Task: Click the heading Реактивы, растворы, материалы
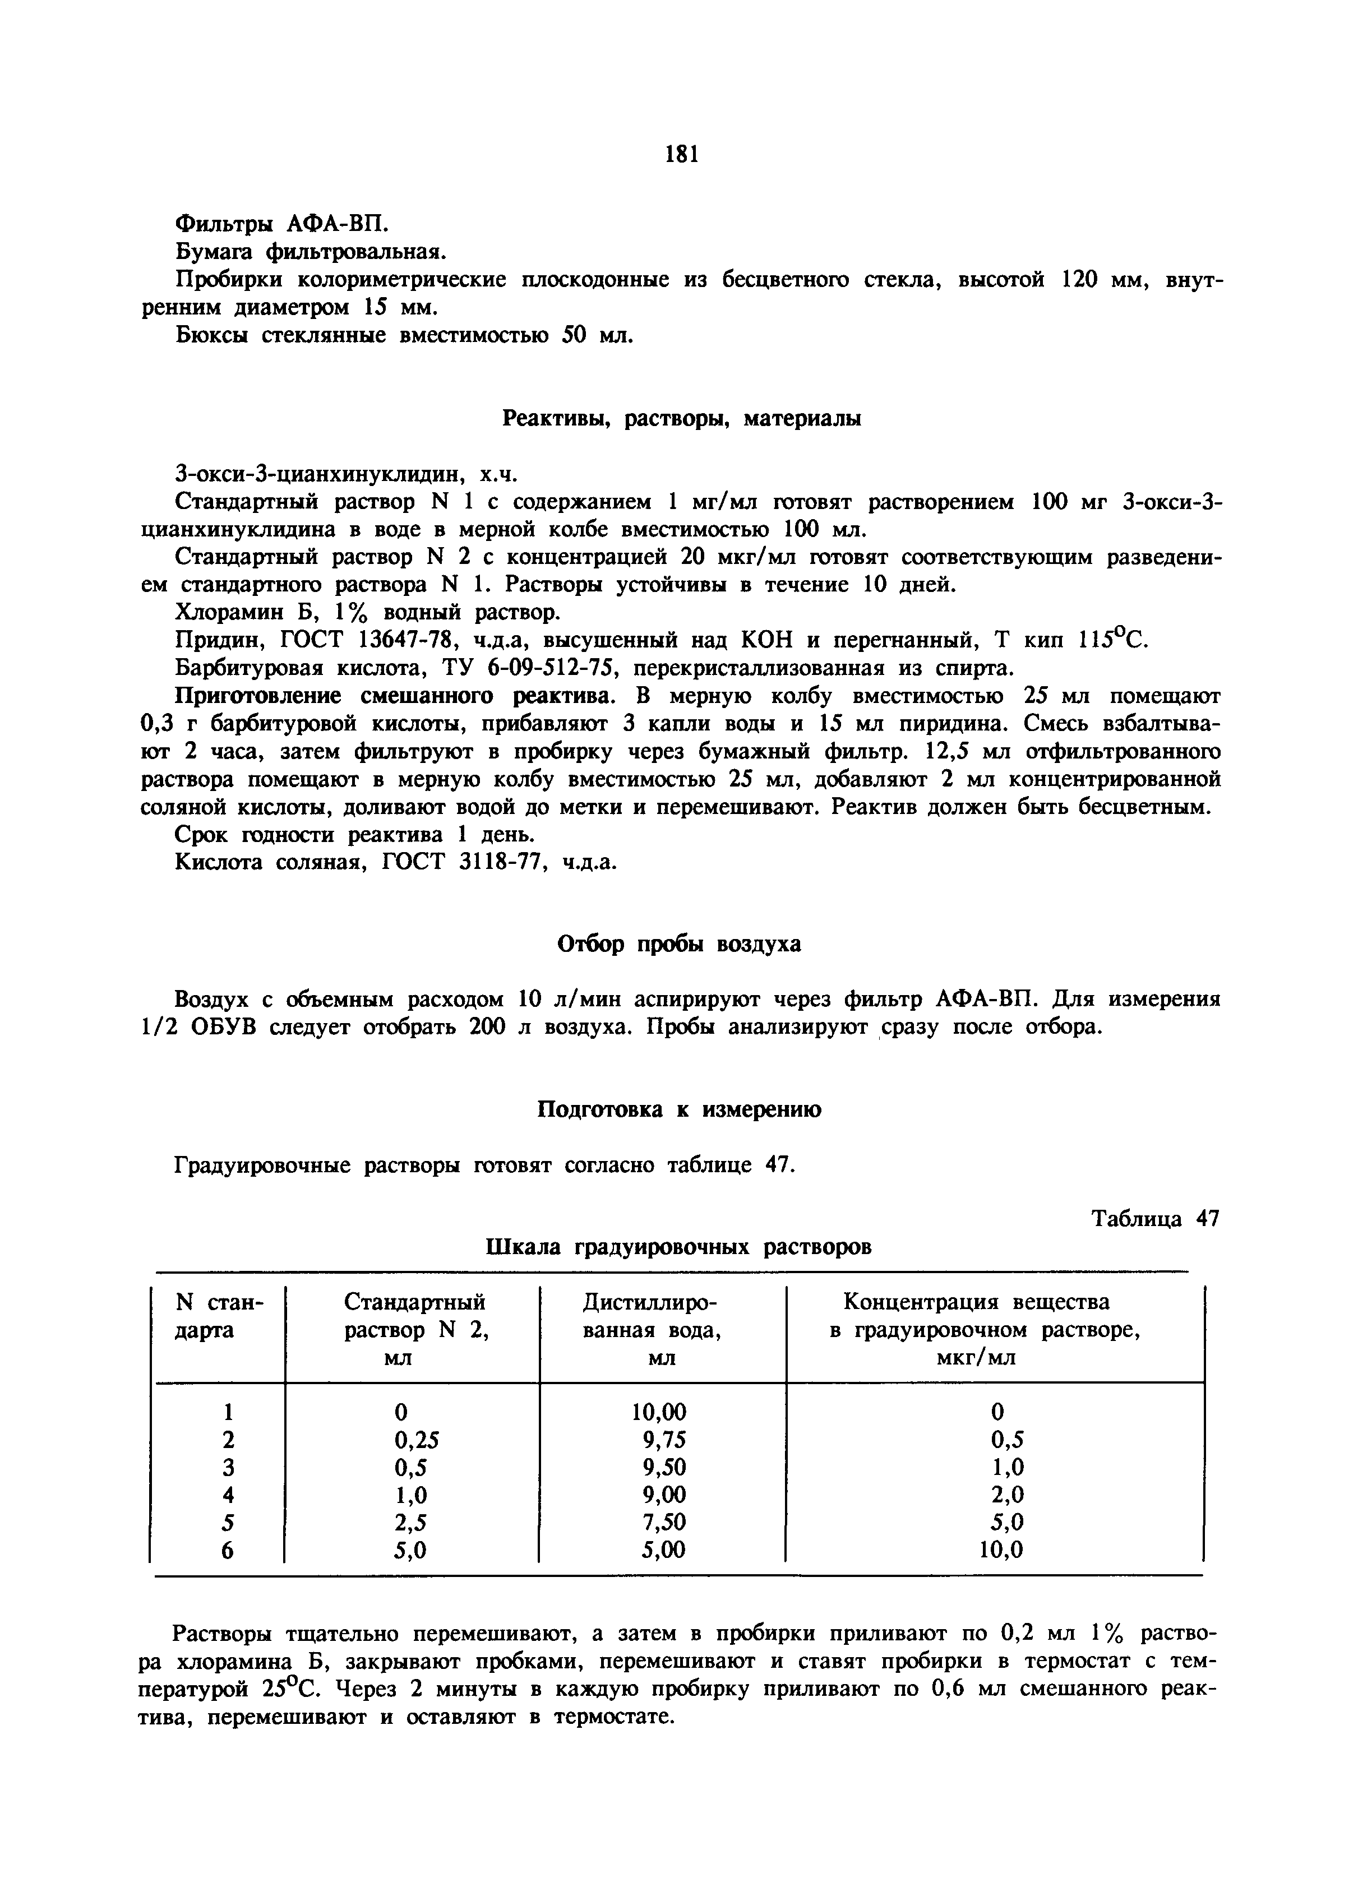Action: point(681,419)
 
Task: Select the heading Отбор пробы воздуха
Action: point(678,944)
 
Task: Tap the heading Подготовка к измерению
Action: point(678,1110)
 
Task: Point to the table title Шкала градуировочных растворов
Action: point(678,1247)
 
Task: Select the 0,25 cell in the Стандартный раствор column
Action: point(415,1440)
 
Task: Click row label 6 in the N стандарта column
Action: point(228,1550)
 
